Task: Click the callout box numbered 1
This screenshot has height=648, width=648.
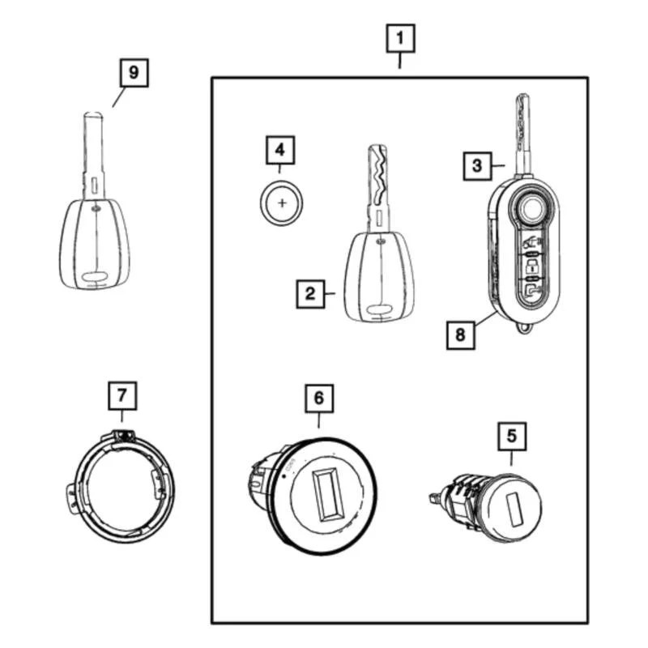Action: tap(401, 37)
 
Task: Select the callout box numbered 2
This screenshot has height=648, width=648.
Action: tap(309, 294)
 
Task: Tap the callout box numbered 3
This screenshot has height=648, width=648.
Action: tap(477, 165)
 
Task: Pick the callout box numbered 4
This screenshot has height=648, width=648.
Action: tap(279, 150)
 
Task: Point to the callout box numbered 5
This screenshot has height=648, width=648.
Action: tap(511, 436)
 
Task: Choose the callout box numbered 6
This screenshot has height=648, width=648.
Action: tap(318, 397)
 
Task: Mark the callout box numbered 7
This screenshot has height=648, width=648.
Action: tap(122, 396)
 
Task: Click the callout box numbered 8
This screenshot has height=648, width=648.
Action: tap(460, 334)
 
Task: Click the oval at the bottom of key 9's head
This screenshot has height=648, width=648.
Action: tap(95, 279)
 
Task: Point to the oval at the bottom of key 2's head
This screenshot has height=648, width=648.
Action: tap(377, 309)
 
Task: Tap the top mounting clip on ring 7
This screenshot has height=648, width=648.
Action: tap(123, 436)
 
